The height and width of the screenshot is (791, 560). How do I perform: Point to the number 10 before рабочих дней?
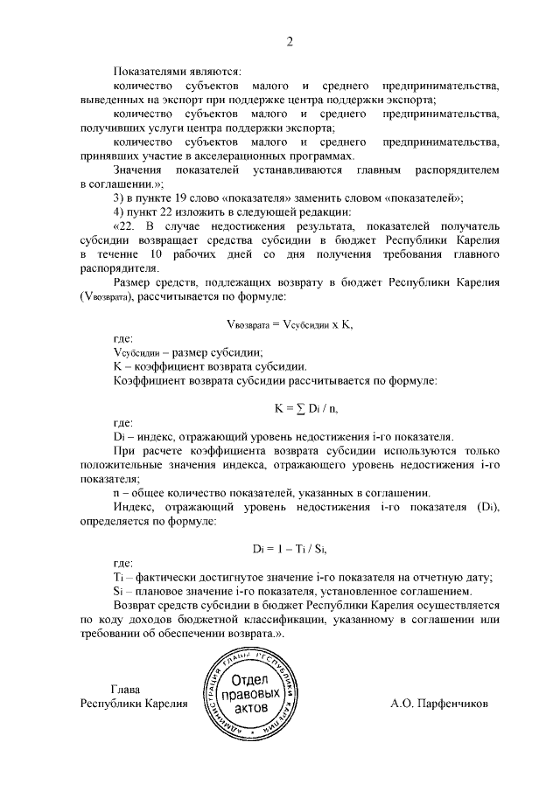coord(157,253)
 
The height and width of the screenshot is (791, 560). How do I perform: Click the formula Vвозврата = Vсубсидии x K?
coord(289,323)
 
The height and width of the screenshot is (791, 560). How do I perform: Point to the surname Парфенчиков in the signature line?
coord(451,703)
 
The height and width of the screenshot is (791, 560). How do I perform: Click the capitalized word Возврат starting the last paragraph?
coord(137,604)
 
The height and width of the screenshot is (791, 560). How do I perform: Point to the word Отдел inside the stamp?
coord(250,681)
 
